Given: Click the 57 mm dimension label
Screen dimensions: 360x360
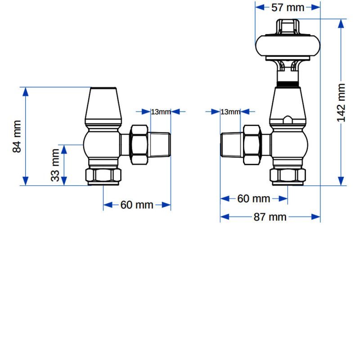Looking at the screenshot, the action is click(x=288, y=8).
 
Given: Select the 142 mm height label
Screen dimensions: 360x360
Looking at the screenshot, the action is click(x=341, y=103).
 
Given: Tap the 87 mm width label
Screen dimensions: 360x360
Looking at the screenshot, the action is click(x=270, y=217).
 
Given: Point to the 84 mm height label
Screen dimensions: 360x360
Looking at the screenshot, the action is click(x=17, y=136).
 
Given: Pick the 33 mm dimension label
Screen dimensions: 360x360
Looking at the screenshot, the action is click(x=55, y=165).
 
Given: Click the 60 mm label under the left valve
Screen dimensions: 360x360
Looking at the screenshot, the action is click(x=137, y=205).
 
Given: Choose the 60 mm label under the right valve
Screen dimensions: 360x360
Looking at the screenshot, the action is click(x=253, y=198).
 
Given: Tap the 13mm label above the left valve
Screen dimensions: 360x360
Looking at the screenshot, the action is click(x=161, y=112).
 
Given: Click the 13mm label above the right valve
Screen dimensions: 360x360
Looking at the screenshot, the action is click(x=230, y=112).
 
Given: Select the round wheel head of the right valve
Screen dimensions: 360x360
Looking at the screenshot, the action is click(x=288, y=46).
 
